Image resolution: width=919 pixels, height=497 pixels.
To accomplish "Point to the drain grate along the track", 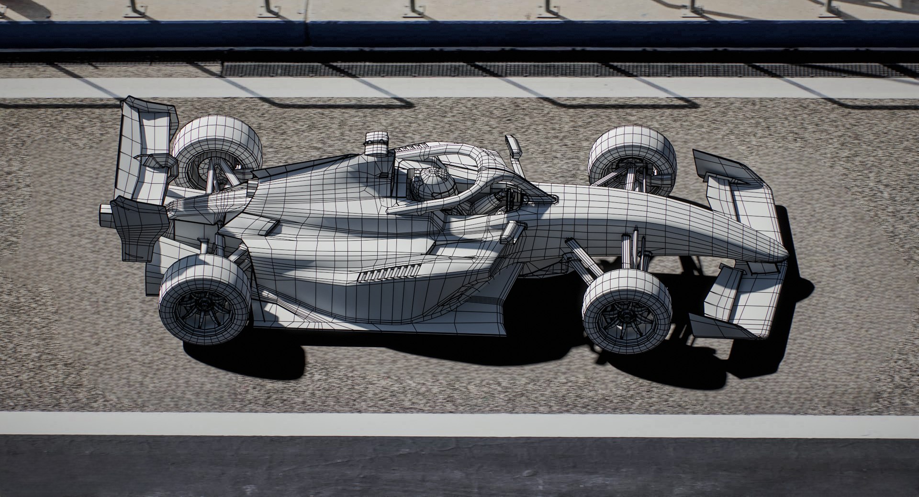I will point(479,69).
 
